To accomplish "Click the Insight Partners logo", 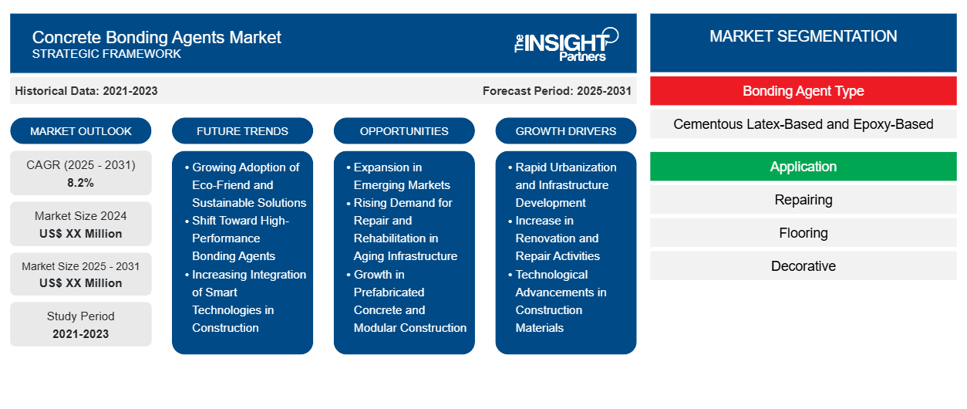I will [566, 44].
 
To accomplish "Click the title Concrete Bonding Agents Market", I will [157, 37].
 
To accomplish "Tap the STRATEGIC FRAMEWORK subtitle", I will [106, 54].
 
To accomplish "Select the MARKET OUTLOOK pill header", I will [81, 131].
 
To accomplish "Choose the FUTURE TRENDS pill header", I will [242, 131].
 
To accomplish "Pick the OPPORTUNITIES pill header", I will [404, 131].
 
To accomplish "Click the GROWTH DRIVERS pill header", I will [566, 131].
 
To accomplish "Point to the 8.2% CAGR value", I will [81, 183].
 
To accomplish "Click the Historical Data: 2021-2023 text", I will [86, 91].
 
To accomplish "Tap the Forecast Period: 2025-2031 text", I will [557, 91].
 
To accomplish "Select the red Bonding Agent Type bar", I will [803, 91].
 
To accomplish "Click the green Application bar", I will [803, 167].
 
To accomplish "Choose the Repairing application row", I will [803, 200].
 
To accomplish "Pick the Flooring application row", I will [803, 233].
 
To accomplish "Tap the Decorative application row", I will [803, 266].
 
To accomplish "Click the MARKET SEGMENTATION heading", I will [803, 36].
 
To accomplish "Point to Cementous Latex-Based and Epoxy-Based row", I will [803, 124].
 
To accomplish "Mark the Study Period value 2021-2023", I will [81, 334].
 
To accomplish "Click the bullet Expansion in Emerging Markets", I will [402, 176].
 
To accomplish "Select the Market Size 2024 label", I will [81, 216].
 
